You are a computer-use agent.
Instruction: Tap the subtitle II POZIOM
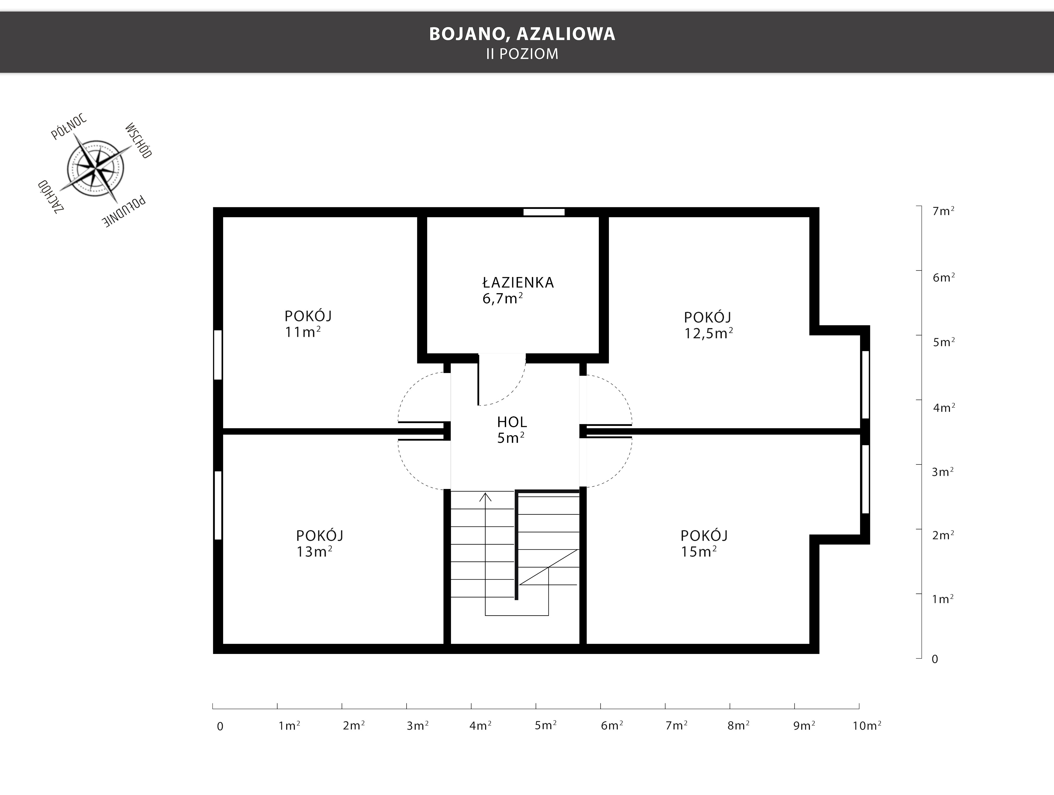522,54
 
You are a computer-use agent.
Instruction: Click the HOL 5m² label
511,430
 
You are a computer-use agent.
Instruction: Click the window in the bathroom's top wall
544,212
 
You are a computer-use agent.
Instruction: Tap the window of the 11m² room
218,355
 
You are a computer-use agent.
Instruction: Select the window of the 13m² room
218,505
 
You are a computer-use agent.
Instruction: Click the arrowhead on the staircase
485,497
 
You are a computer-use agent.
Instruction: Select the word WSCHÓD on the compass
138,141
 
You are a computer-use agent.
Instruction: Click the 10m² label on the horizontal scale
867,725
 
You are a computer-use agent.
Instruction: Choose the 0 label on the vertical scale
935,659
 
